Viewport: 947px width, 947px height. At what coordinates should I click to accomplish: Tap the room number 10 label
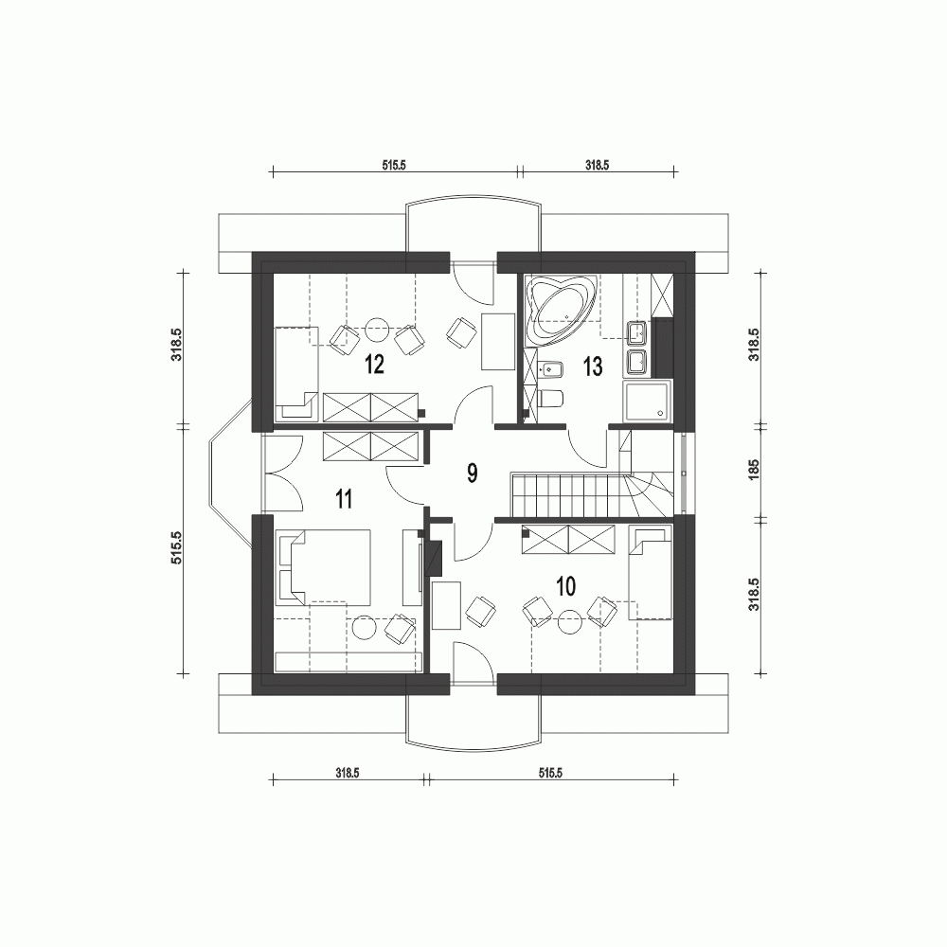point(565,586)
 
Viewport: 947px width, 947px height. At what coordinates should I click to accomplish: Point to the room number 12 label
point(373,365)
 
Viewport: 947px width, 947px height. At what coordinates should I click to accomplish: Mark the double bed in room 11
point(327,566)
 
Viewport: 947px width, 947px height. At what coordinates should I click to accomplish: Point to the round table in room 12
point(378,328)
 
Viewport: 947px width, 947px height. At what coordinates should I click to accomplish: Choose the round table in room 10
point(569,621)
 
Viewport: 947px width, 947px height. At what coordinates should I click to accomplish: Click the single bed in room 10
point(651,575)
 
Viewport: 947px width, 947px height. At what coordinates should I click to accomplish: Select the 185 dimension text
point(754,472)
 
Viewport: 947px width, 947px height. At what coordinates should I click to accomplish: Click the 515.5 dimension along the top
point(394,164)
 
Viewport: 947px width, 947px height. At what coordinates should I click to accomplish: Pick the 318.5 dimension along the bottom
point(347,773)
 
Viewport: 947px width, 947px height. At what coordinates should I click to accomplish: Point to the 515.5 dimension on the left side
point(175,548)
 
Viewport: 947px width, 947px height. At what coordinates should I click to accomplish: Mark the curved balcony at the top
point(473,227)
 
